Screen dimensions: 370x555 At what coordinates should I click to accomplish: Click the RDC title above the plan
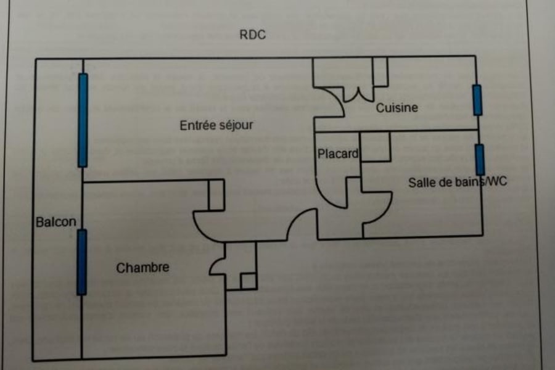[x=252, y=35]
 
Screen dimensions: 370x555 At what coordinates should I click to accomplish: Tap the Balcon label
[x=55, y=222]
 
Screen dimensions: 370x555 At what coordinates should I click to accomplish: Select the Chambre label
[x=142, y=268]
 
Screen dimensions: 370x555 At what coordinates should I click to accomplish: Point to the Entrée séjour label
[x=216, y=125]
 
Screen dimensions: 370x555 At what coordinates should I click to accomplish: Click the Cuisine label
[x=397, y=107]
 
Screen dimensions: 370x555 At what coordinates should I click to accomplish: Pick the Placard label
[x=337, y=154]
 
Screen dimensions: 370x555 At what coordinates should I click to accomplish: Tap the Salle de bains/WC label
[x=457, y=183]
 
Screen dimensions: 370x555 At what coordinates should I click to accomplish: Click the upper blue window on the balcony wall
[x=83, y=120]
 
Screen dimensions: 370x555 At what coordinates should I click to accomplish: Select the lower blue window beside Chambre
[x=81, y=262]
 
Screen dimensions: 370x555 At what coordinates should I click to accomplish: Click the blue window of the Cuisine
[x=477, y=100]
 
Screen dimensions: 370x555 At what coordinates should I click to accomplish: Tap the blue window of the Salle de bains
[x=480, y=160]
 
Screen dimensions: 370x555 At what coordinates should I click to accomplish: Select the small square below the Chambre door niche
[x=248, y=281]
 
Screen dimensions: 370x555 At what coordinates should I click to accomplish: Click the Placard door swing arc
[x=331, y=197]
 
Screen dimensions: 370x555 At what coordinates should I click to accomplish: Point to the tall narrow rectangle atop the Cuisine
[x=380, y=72]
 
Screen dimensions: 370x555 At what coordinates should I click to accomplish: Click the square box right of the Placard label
[x=376, y=147]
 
